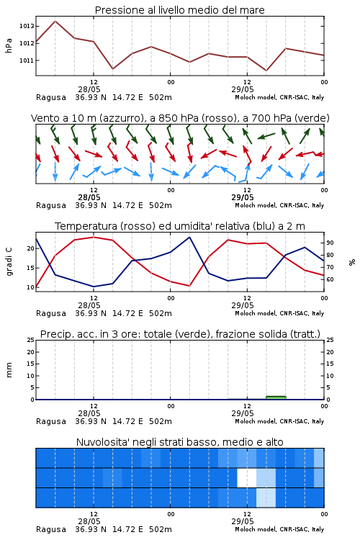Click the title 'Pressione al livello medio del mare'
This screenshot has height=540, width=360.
pyautogui.click(x=179, y=10)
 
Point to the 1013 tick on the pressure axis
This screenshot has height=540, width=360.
pyautogui.click(x=27, y=26)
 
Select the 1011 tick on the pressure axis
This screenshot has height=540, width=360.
pyautogui.click(x=27, y=60)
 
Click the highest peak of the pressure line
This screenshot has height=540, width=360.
pyautogui.click(x=55, y=21)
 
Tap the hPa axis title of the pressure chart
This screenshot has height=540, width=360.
pyautogui.click(x=9, y=45)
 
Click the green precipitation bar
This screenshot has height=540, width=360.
pyautogui.click(x=276, y=397)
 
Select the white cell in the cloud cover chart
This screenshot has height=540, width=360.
pyautogui.click(x=247, y=477)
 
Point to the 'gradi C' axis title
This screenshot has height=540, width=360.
pyautogui.click(x=9, y=261)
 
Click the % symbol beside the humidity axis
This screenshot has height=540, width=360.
pyautogui.click(x=352, y=262)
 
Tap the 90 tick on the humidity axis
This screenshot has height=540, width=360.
pyautogui.click(x=330, y=243)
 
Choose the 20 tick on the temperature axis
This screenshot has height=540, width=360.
pyautogui.click(x=31, y=248)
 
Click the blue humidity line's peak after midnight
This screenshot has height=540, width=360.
pyautogui.click(x=189, y=237)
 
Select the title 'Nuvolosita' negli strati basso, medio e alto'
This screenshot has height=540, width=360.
pyautogui.click(x=179, y=442)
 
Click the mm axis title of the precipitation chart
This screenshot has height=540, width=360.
pyautogui.click(x=9, y=370)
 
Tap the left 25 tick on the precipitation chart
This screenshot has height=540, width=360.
pyautogui.click(x=31, y=340)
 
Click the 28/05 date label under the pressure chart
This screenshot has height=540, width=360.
pyautogui.click(x=89, y=89)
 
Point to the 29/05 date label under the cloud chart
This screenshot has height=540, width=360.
pyautogui.click(x=243, y=521)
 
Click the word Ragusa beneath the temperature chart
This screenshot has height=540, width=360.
pyautogui.click(x=51, y=314)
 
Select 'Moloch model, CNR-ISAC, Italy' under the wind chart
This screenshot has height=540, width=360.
pyautogui.click(x=279, y=205)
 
